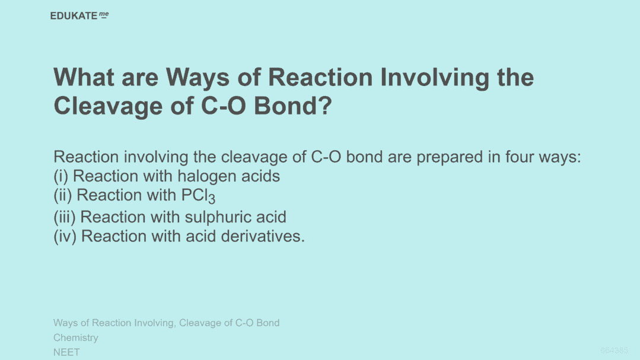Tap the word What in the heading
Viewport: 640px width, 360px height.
[84, 77]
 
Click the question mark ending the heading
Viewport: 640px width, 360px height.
[325, 106]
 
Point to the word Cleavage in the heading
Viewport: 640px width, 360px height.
[108, 106]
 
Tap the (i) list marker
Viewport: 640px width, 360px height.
[61, 176]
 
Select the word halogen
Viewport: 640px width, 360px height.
[207, 177]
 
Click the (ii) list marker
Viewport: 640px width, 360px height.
[63, 196]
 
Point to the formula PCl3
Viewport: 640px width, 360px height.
[198, 196]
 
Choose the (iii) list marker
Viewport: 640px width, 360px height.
[65, 217]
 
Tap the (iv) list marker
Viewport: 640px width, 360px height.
[65, 236]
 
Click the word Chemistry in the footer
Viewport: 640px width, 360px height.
[76, 337]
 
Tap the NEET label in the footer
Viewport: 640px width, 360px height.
[66, 352]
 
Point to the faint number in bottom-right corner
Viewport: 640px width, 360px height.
[614, 350]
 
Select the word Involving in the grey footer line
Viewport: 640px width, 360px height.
[154, 323]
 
